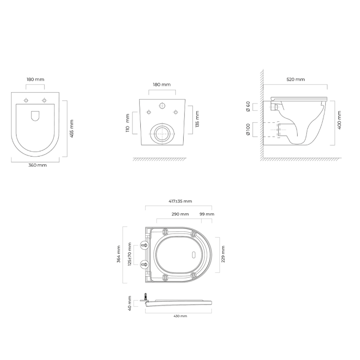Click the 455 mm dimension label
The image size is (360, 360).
click(72, 129)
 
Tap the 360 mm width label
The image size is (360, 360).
click(37, 165)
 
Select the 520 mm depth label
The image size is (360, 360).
click(296, 79)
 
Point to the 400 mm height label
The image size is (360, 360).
click(339, 120)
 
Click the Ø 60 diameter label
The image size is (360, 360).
click(248, 107)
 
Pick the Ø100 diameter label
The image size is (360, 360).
click(248, 130)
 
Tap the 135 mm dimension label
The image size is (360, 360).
click(197, 119)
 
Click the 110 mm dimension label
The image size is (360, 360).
click(128, 123)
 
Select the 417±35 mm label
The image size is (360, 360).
click(180, 201)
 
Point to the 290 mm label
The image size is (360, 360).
click(180, 214)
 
